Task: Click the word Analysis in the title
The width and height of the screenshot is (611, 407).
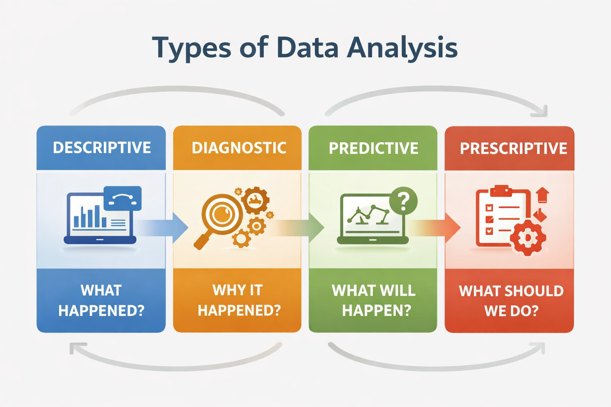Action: click(402, 48)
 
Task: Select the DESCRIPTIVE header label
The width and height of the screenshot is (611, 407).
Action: click(102, 147)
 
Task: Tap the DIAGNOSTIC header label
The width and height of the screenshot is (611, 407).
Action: click(239, 148)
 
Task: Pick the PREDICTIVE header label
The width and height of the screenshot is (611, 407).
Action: click(374, 148)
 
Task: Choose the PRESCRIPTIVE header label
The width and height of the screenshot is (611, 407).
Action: click(514, 148)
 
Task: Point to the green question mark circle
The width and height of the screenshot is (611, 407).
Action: click(403, 201)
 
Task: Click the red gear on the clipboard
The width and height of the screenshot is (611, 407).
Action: click(528, 238)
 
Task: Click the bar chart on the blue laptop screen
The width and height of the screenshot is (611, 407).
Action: click(90, 216)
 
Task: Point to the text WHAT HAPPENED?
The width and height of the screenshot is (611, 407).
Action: click(101, 300)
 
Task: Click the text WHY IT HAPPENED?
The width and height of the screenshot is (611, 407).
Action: click(239, 300)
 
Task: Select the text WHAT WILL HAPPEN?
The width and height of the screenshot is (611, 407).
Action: click(374, 300)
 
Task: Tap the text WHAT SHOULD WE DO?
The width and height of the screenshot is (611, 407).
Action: click(511, 301)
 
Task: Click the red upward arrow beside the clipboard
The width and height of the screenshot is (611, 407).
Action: click(543, 195)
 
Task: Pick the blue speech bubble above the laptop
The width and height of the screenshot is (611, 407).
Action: click(123, 198)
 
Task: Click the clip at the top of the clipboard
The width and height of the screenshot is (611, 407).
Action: click(501, 190)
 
